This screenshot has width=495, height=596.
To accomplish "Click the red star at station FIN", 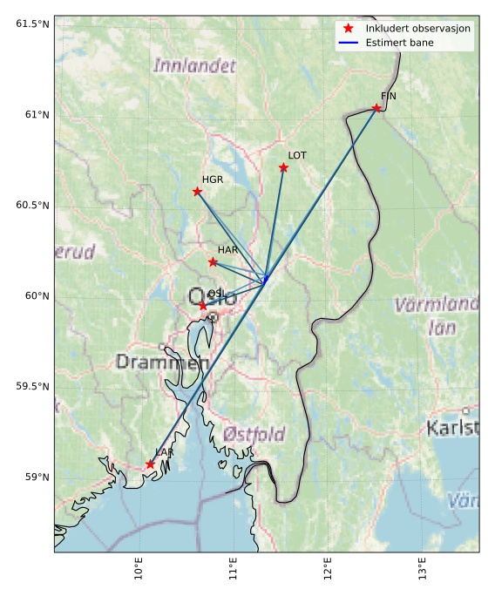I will coord(376,108).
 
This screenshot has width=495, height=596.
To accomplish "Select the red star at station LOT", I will coord(283,167).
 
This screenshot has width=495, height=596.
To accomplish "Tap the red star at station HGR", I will coord(197,192).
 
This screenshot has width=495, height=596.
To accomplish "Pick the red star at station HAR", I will coord(213,262).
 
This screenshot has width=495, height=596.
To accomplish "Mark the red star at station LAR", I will coord(150,464).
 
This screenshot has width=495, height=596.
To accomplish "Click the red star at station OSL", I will coord(203,306).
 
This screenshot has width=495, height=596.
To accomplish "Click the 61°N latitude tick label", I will coord(31,114).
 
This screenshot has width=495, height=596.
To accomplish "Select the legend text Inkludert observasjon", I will coord(418,29).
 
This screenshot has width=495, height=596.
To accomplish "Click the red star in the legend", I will coord(348,29).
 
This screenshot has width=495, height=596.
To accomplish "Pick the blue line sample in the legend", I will coord(348,42).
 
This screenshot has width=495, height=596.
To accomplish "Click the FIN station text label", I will coord(388,96).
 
